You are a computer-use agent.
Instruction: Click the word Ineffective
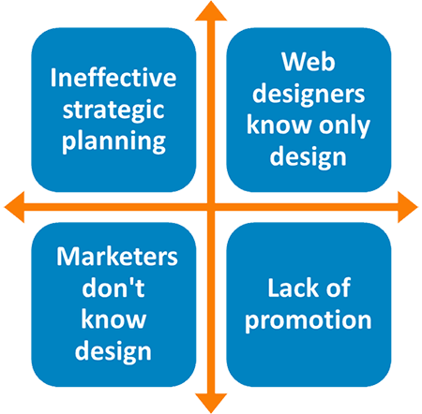113,78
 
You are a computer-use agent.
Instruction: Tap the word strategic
113,111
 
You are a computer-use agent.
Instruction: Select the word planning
113,142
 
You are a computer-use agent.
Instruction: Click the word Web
309,62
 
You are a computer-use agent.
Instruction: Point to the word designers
309,94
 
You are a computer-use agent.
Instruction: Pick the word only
344,126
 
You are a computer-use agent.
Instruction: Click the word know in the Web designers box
279,125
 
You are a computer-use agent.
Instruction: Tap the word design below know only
309,157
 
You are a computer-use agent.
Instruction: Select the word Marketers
117,257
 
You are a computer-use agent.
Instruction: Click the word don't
113,288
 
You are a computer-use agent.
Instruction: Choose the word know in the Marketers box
113,319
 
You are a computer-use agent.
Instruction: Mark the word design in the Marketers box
113,351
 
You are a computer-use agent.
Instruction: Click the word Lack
293,288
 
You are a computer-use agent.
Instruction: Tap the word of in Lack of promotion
339,288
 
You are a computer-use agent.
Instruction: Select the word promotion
309,320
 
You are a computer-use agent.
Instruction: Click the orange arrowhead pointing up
211,12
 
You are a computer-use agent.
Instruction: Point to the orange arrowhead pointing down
211,403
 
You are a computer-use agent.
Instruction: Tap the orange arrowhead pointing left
15,207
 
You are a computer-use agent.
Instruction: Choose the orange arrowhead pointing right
407,207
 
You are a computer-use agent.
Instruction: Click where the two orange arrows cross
211,207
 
